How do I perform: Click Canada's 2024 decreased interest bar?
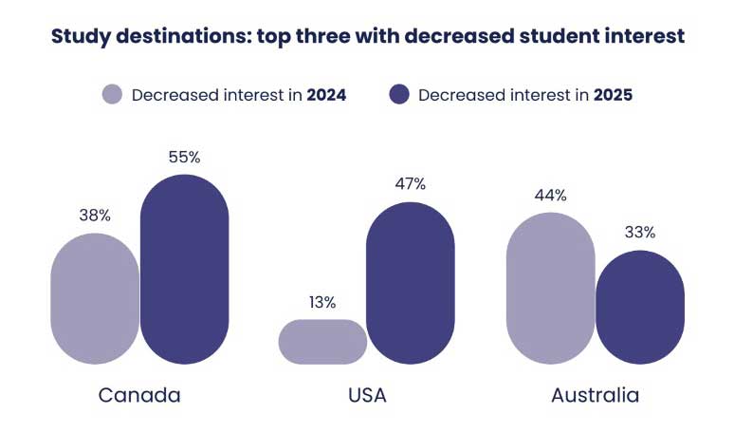pos(95,298)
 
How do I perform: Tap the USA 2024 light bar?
pos(322,342)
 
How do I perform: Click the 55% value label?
pos(185,158)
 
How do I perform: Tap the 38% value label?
pos(95,216)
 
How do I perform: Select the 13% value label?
pos(322,302)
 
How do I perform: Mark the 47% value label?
pos(411,184)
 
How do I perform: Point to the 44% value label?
pos(550,195)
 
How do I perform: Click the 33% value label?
pos(639,232)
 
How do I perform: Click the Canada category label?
pos(139,395)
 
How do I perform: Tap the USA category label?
pos(366,395)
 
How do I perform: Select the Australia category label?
pos(595,395)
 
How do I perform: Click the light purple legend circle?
pos(113,95)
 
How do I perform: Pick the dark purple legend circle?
pos(399,95)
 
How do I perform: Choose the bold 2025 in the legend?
pos(613,95)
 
